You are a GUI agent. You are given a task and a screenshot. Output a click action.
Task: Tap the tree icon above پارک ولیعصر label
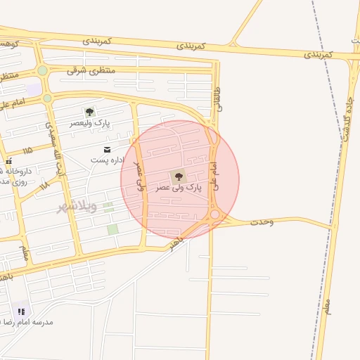pos(89,112)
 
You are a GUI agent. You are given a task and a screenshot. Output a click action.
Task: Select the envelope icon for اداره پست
pos(107,150)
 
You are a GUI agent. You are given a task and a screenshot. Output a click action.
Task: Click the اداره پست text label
pos(108,160)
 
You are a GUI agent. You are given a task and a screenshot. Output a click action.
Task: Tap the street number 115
pos(27,150)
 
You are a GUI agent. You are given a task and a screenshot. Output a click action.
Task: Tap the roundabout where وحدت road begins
pos(214,214)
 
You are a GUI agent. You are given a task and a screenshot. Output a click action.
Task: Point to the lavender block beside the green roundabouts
pos(32,89)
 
